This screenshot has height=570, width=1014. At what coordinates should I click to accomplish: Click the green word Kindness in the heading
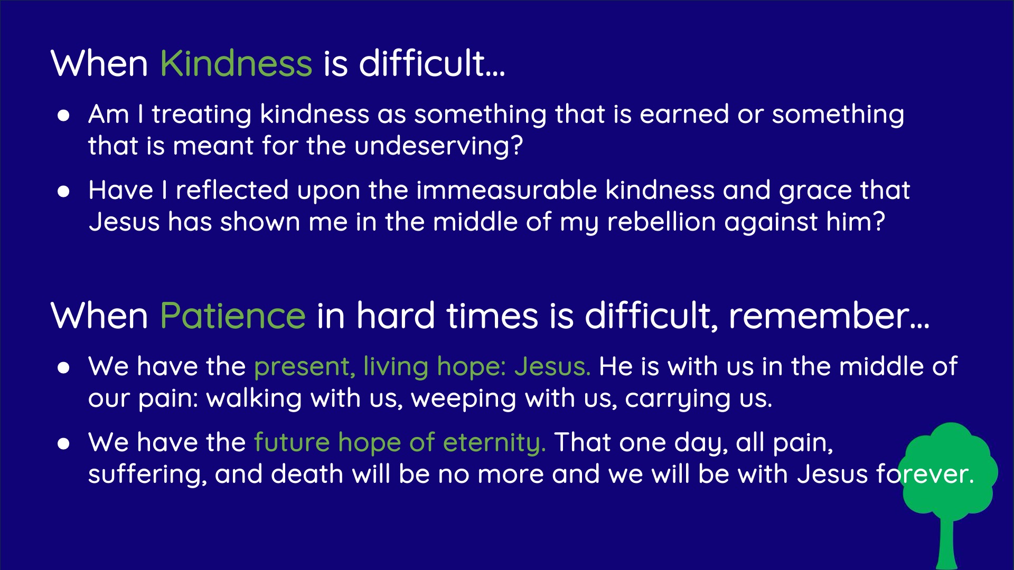236,63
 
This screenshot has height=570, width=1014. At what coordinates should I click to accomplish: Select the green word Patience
232,316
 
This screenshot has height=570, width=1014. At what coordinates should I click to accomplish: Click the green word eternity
494,442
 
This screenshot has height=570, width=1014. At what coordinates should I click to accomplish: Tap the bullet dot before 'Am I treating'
63,116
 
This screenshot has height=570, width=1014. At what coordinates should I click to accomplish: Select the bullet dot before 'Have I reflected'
63,192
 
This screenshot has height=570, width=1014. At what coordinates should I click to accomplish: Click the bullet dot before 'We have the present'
63,368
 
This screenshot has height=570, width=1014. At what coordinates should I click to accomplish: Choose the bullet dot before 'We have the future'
63,444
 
